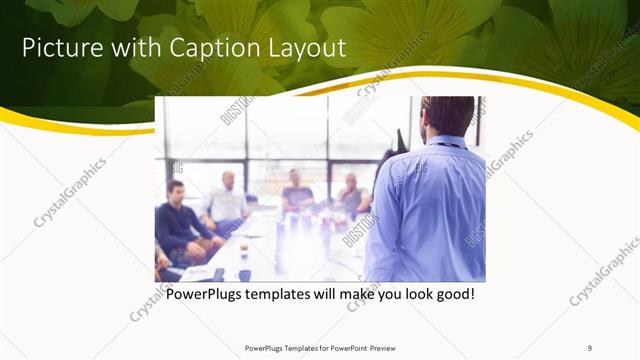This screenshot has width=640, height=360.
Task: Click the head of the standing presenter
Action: point(446,117)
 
